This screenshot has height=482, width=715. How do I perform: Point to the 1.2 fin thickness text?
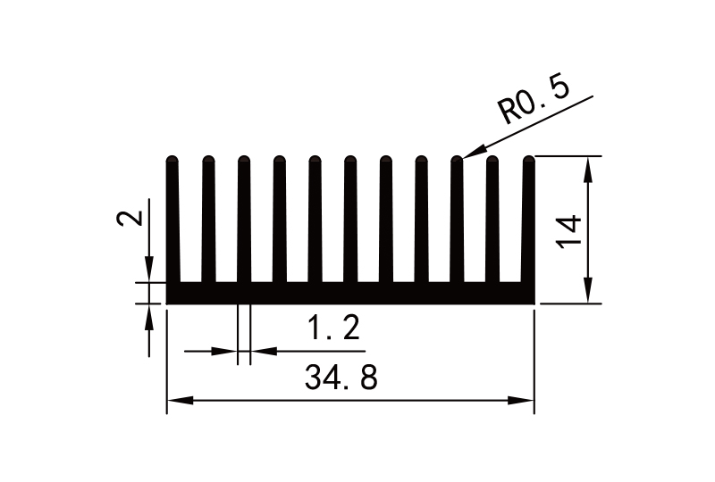334,330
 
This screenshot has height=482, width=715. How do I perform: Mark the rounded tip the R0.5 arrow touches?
458,161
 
